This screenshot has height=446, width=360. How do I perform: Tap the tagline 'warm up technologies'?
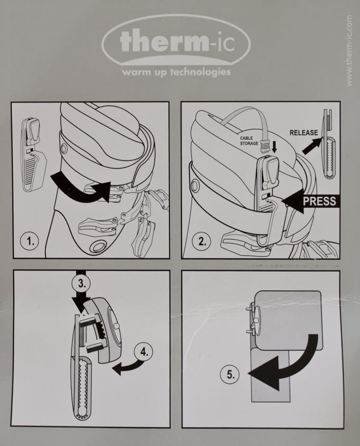[176, 72]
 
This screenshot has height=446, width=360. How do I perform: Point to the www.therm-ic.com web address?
[349, 51]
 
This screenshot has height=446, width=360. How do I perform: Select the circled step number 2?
[202, 241]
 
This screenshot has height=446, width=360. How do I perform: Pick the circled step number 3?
[81, 284]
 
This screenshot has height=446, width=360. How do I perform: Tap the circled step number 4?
[144, 352]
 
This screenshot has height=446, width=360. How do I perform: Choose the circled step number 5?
[230, 374]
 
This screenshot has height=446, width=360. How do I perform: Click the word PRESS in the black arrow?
[319, 201]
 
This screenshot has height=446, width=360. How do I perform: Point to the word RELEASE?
[304, 132]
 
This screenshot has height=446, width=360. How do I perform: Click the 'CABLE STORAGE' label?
[249, 141]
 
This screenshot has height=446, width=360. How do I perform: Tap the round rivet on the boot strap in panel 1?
[63, 148]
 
